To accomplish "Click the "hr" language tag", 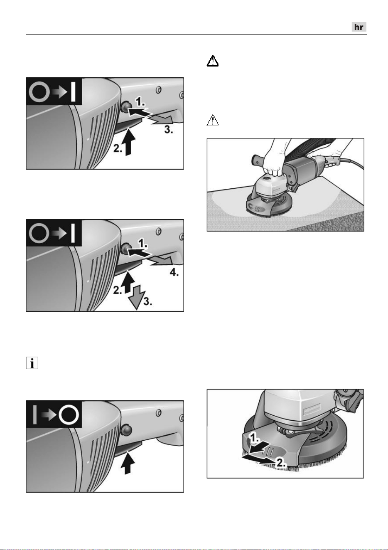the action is coord(359,27).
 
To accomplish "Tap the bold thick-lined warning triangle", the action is coord(213,61).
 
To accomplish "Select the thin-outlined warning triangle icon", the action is coord(213,120).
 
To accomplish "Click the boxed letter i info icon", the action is coord(32,363).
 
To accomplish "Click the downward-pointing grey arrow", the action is coord(136,297).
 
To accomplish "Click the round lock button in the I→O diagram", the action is coord(126,430).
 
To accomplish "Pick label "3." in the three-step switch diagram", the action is coord(168,129).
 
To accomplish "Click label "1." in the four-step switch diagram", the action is coord(142,243).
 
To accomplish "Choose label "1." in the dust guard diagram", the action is coord(254,437).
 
